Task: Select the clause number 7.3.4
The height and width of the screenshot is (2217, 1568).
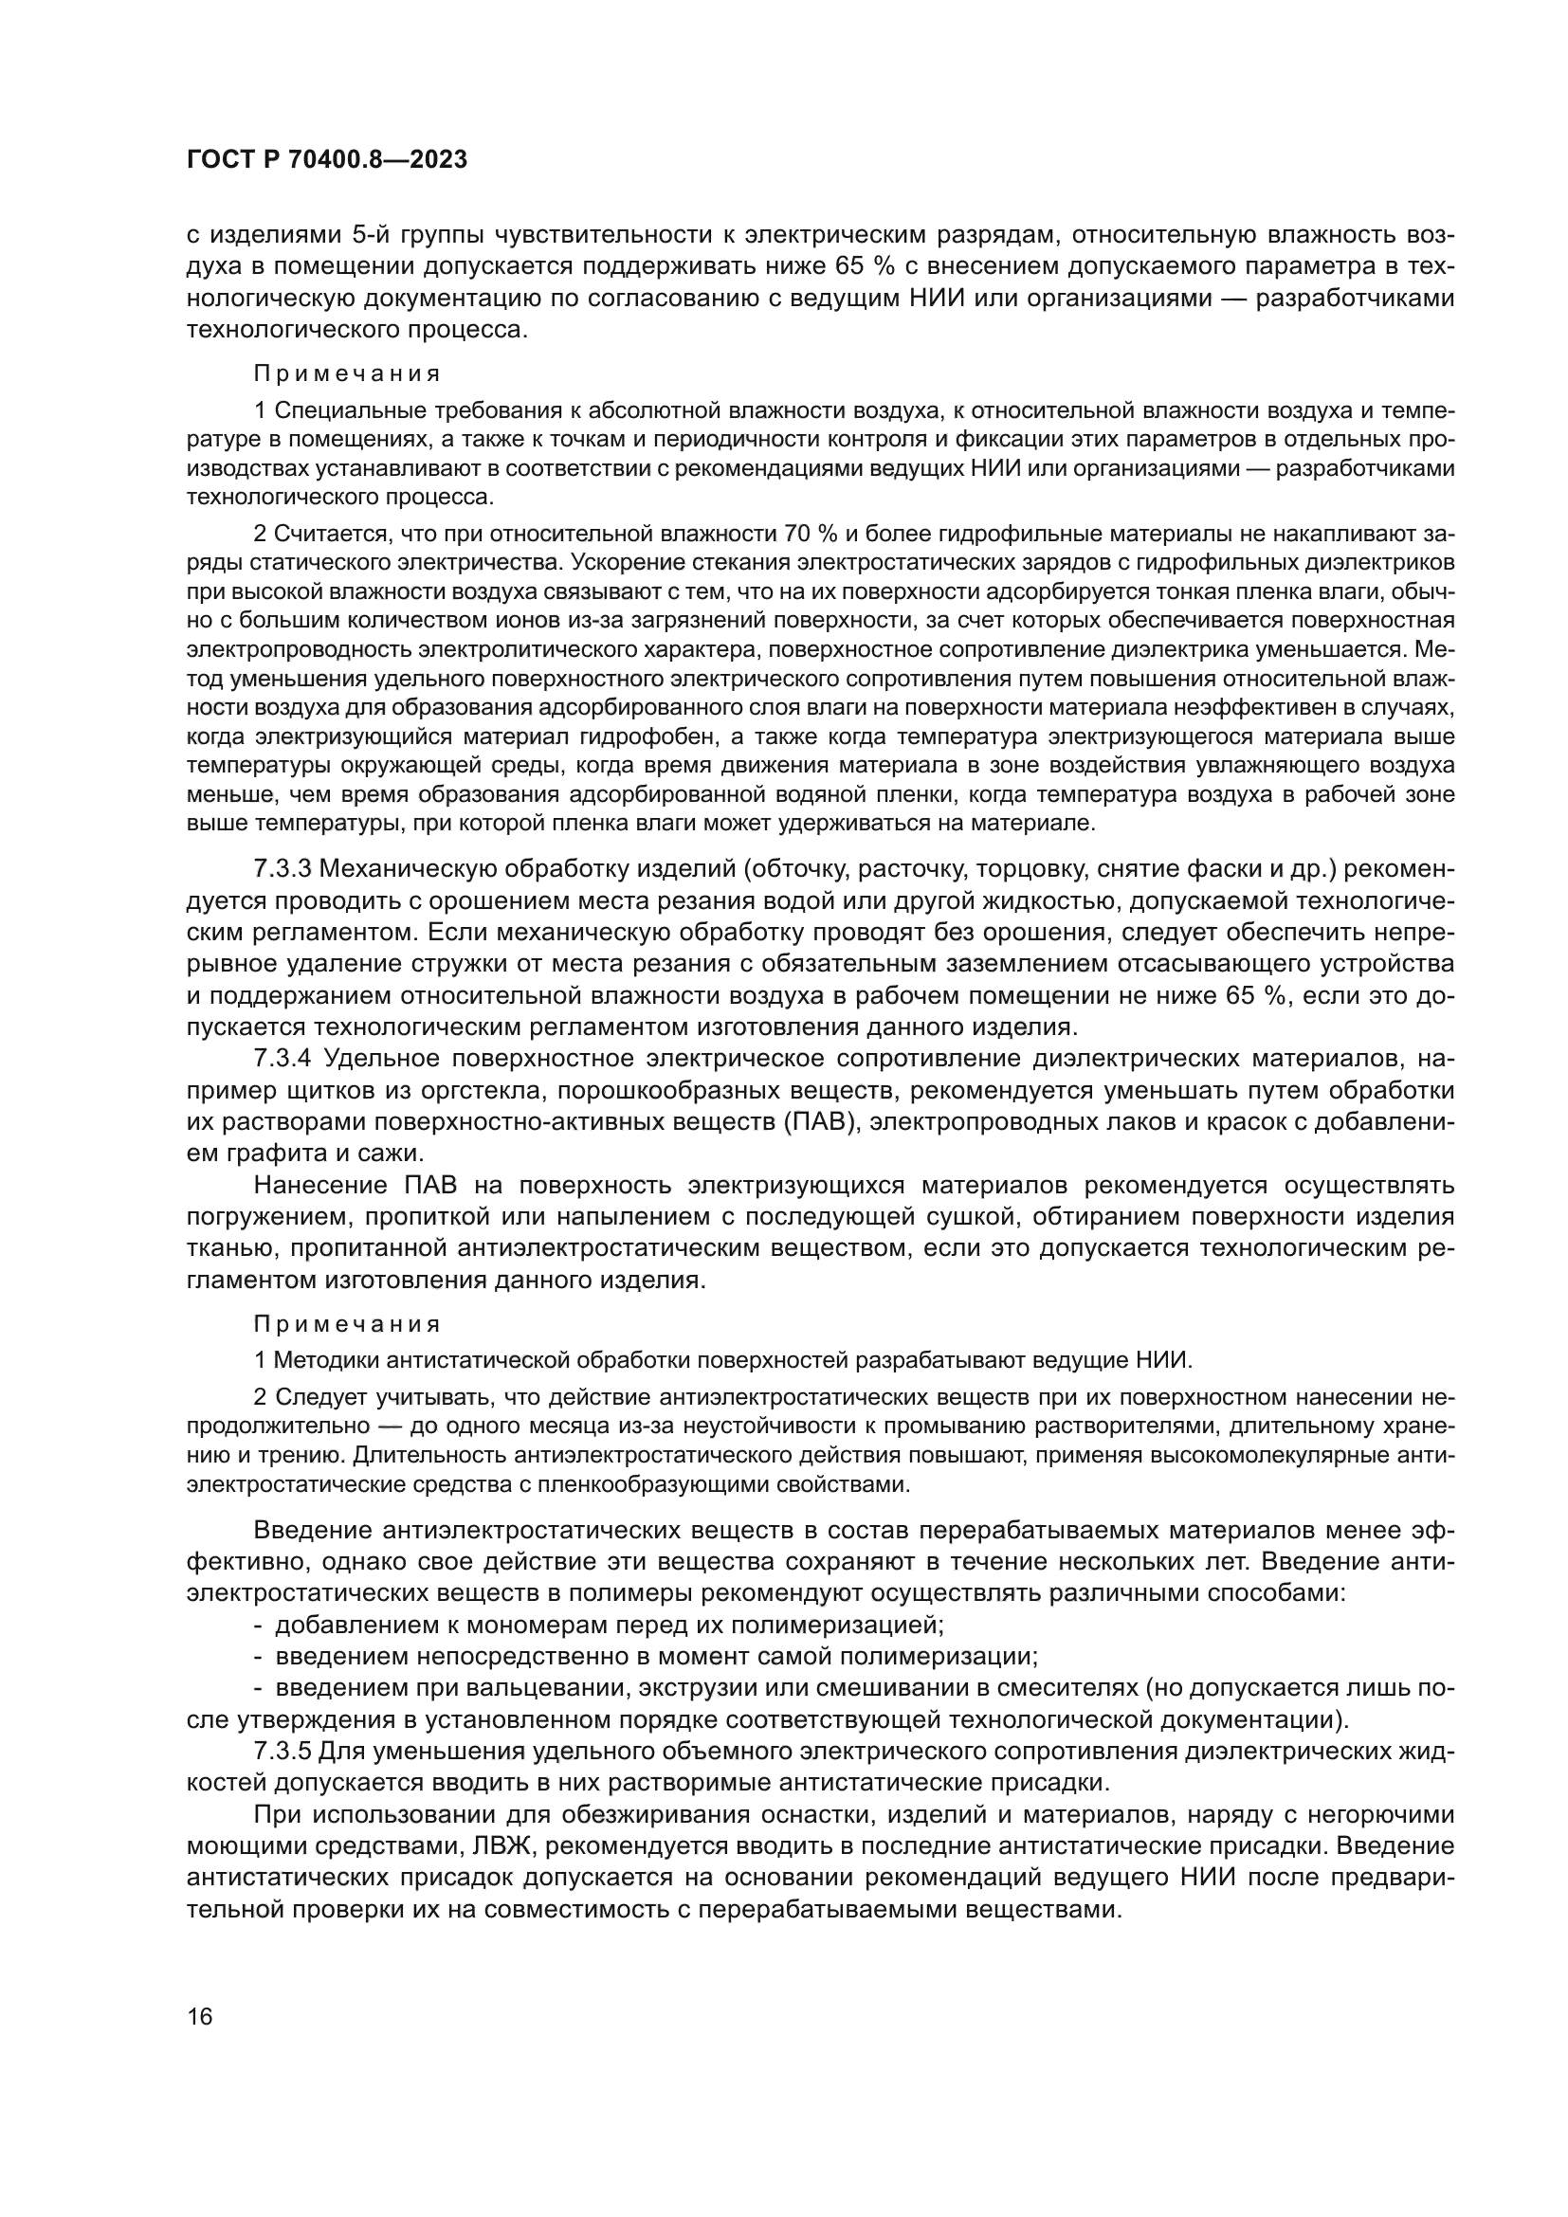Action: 282,1059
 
